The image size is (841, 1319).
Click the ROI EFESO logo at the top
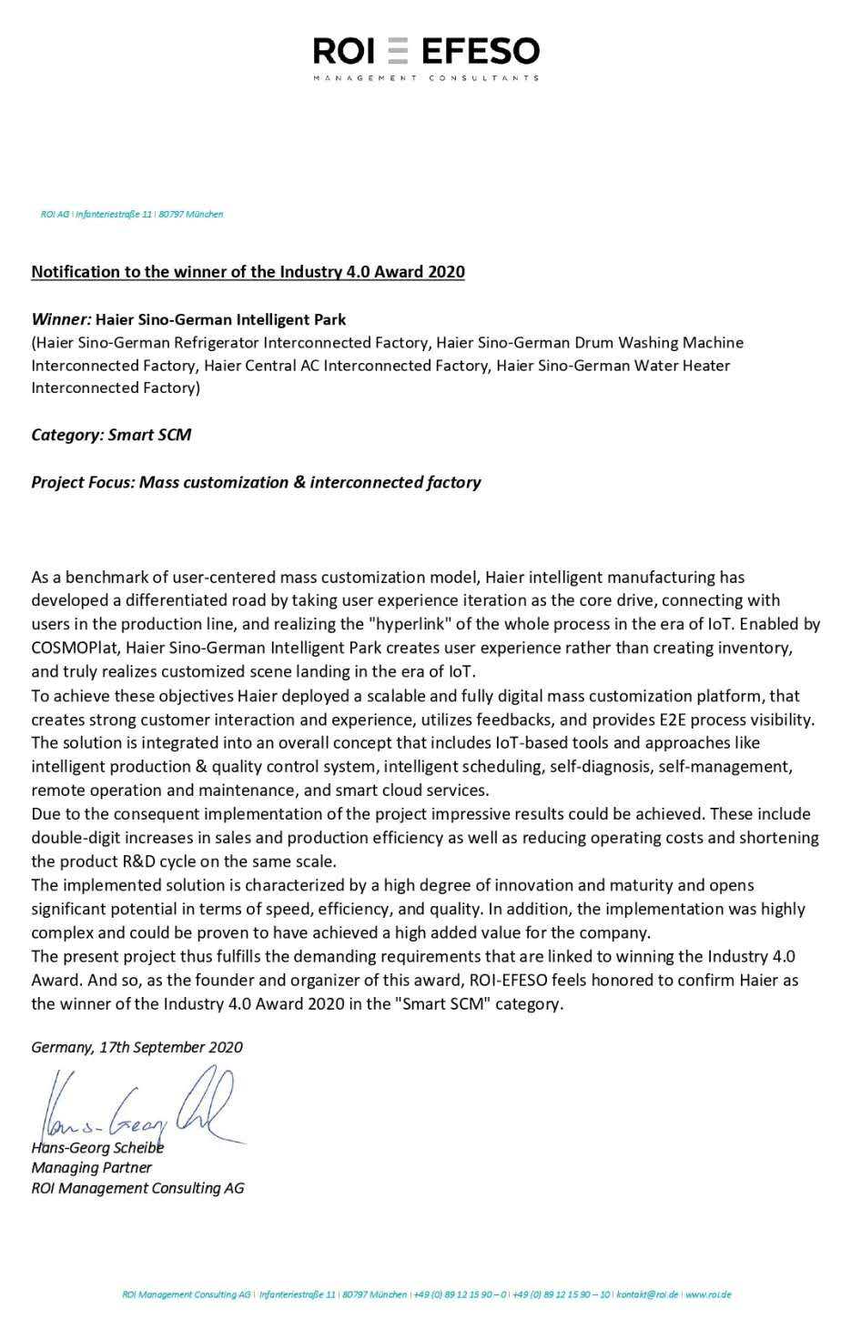pyautogui.click(x=426, y=52)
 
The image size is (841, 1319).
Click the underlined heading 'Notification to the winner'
pyautogui.click(x=248, y=272)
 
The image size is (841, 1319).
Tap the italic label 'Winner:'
pyautogui.click(x=61, y=319)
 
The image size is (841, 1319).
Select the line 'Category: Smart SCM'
pyautogui.click(x=111, y=435)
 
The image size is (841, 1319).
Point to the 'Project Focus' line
pyautogui.click(x=256, y=482)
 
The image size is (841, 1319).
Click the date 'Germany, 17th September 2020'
pyautogui.click(x=137, y=1047)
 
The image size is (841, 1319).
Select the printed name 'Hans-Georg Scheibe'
pyautogui.click(x=98, y=1148)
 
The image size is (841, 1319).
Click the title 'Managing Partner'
pyautogui.click(x=91, y=1168)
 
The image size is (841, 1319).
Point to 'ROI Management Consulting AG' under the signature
pyautogui.click(x=137, y=1188)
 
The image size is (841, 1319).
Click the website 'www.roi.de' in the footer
pyautogui.click(x=708, y=1294)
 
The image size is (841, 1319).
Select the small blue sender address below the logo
pyautogui.click(x=131, y=215)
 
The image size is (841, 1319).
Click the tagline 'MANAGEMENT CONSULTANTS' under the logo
pyautogui.click(x=426, y=78)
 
